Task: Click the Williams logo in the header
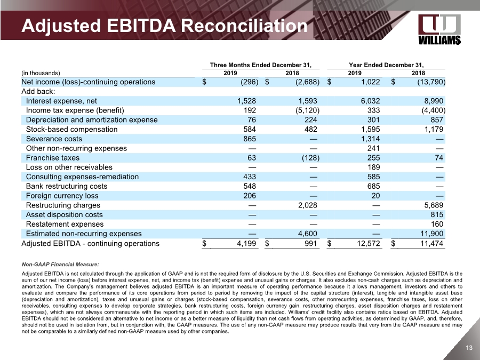coord(439,29)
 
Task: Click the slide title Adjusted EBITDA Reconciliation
coord(164,25)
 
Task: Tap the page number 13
coord(469,348)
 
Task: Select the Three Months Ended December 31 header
coord(260,65)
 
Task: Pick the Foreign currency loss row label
coord(62,196)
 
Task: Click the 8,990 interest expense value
coord(433,101)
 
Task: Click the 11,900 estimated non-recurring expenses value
coord(430,234)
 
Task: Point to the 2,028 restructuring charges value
coord(308,205)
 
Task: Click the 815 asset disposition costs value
coord(437,214)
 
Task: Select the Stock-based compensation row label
coord(71,129)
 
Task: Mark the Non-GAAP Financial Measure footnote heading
coord(60,264)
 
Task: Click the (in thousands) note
coord(41,73)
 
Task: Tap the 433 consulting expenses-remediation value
coord(250,177)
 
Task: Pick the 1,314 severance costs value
coord(369,139)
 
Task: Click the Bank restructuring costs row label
coord(67,186)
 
